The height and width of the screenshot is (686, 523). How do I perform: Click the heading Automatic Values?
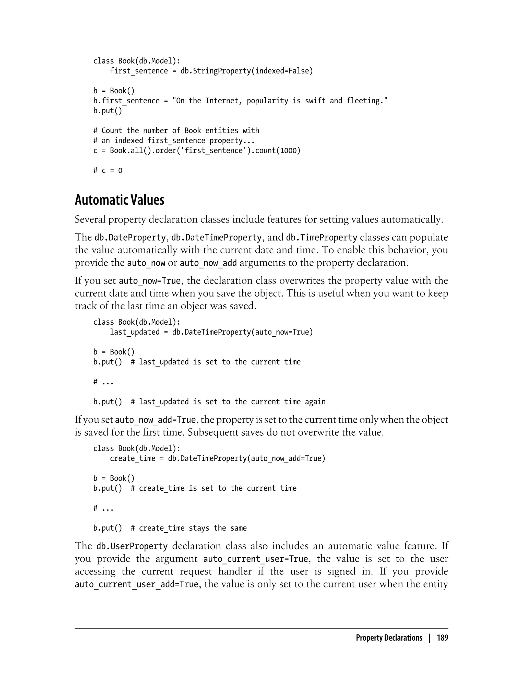click(119, 200)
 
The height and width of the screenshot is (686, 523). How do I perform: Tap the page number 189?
click(442, 638)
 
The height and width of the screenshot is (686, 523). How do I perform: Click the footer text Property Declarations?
click(389, 638)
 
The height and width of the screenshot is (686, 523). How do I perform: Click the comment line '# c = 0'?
click(108, 170)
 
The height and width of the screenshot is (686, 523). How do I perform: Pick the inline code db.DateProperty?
click(130, 237)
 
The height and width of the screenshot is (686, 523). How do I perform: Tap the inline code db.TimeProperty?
click(321, 237)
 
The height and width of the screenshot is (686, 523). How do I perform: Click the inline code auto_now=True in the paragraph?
click(150, 281)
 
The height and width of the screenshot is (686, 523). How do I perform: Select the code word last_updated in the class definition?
click(135, 332)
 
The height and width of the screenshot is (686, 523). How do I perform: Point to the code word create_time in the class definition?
click(132, 458)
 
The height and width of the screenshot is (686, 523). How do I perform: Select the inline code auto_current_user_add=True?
click(136, 584)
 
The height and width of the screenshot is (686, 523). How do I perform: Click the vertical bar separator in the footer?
click(430, 638)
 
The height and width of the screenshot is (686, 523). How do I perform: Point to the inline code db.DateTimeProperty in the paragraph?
click(216, 237)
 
